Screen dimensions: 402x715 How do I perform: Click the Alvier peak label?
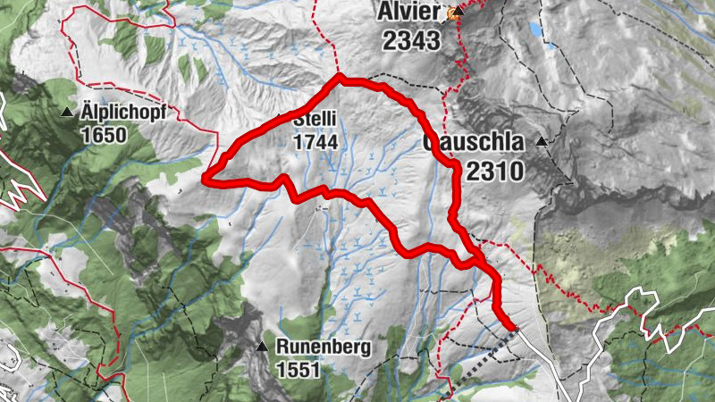[409, 13]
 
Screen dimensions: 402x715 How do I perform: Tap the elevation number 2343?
[410, 39]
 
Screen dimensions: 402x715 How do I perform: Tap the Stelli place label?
[313, 118]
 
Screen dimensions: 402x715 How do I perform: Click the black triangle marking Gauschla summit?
[542, 142]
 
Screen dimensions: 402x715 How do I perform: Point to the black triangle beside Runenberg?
[262, 347]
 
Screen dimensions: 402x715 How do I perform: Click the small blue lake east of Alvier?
[535, 29]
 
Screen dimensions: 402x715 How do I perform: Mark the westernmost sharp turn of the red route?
[206, 180]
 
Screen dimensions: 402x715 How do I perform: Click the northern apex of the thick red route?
[339, 80]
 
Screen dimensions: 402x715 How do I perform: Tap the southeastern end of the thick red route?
[512, 328]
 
